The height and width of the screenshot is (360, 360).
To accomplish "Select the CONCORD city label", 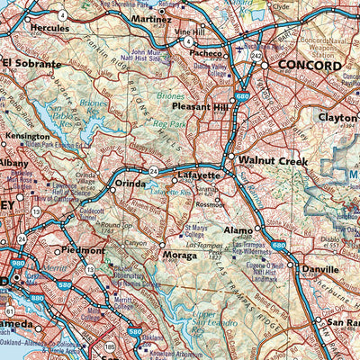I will coord(309,66).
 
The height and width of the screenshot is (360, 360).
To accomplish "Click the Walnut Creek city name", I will coord(267,160).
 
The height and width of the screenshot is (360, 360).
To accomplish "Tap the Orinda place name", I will coord(130,184).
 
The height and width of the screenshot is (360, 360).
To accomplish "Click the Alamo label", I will coord(238,230).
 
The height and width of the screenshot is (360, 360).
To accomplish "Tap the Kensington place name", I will coord(27,137).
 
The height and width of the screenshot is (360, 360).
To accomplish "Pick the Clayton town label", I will coord(337,117).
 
